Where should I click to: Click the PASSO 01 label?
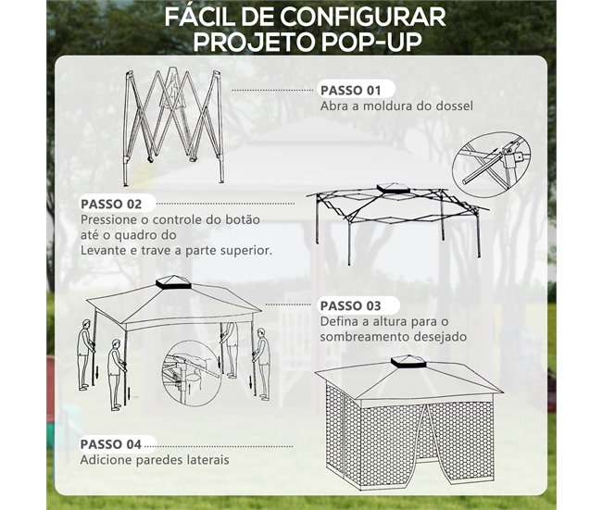pos(350,91)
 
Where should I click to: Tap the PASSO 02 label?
pos(111,204)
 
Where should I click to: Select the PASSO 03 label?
pos(350,305)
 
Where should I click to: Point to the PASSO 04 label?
pos(111,442)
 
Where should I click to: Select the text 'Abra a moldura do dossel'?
pos(396,106)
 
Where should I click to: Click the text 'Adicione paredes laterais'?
pos(155,459)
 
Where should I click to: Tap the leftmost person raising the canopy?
pos(86,352)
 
